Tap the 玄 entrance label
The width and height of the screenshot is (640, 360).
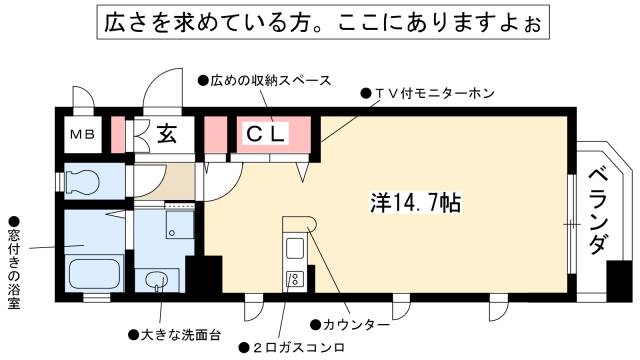click(x=167, y=134)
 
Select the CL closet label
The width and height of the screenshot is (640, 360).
click(x=267, y=134)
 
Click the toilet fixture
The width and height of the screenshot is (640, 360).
click(x=83, y=182)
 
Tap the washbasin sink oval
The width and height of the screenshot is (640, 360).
click(x=157, y=280)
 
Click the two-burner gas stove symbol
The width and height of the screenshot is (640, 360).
click(x=296, y=279)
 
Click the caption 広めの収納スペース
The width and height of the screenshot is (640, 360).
click(x=265, y=78)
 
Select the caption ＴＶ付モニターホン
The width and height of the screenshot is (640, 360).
click(x=429, y=94)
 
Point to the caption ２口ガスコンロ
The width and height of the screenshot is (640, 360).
click(x=293, y=347)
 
